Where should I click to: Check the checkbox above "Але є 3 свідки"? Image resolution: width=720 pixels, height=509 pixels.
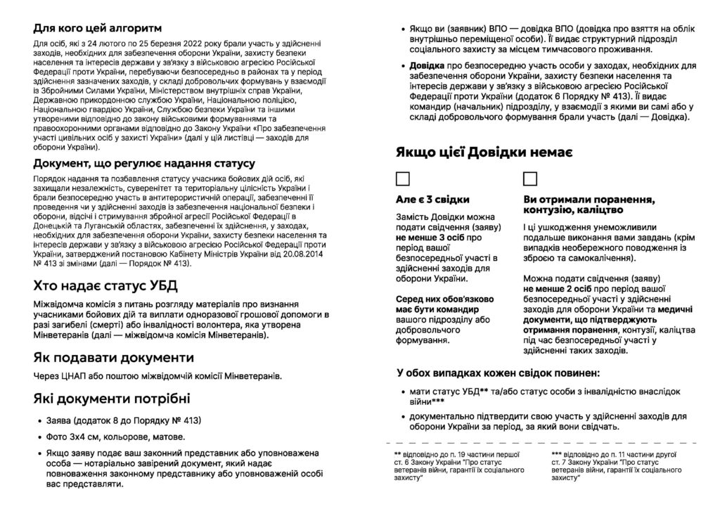404,177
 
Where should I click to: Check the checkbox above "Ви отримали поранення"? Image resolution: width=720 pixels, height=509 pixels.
530,177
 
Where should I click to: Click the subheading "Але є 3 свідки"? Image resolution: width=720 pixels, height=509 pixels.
432,200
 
